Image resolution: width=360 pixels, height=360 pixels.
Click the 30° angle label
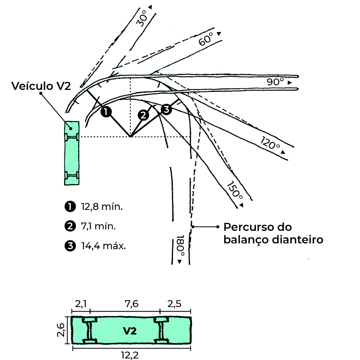[142, 18]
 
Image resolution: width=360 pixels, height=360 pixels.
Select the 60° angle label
[206, 39]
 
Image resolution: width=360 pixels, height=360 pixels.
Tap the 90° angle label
[275, 82]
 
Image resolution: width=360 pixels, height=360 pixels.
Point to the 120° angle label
[270, 143]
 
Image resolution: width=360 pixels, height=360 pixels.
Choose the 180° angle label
[180, 245]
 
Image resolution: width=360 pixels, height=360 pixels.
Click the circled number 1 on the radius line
[106, 112]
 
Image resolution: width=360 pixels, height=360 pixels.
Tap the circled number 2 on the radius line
[143, 115]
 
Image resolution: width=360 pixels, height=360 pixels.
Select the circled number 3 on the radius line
[166, 109]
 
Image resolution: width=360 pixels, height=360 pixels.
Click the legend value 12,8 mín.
[102, 206]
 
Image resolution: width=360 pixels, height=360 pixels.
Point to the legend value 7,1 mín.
[98, 226]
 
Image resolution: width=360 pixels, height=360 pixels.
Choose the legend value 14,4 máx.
[103, 246]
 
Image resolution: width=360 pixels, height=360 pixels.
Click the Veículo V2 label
[41, 86]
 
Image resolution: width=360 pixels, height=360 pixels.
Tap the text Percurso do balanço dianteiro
[273, 233]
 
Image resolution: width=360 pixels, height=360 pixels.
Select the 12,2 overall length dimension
[130, 355]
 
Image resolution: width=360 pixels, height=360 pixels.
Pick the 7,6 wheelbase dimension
[132, 304]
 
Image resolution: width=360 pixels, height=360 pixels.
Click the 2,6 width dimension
[61, 330]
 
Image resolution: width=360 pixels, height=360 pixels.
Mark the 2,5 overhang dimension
[174, 304]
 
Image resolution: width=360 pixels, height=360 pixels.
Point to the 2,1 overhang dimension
[81, 304]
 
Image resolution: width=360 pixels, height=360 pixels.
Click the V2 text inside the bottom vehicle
[130, 331]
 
